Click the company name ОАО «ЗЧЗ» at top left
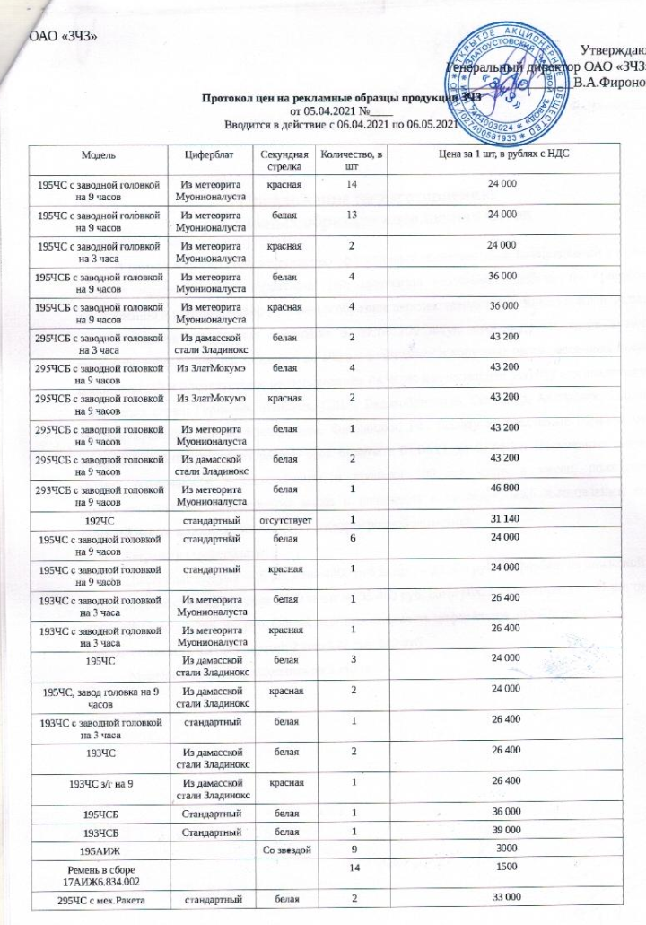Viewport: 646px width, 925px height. click(x=64, y=36)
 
